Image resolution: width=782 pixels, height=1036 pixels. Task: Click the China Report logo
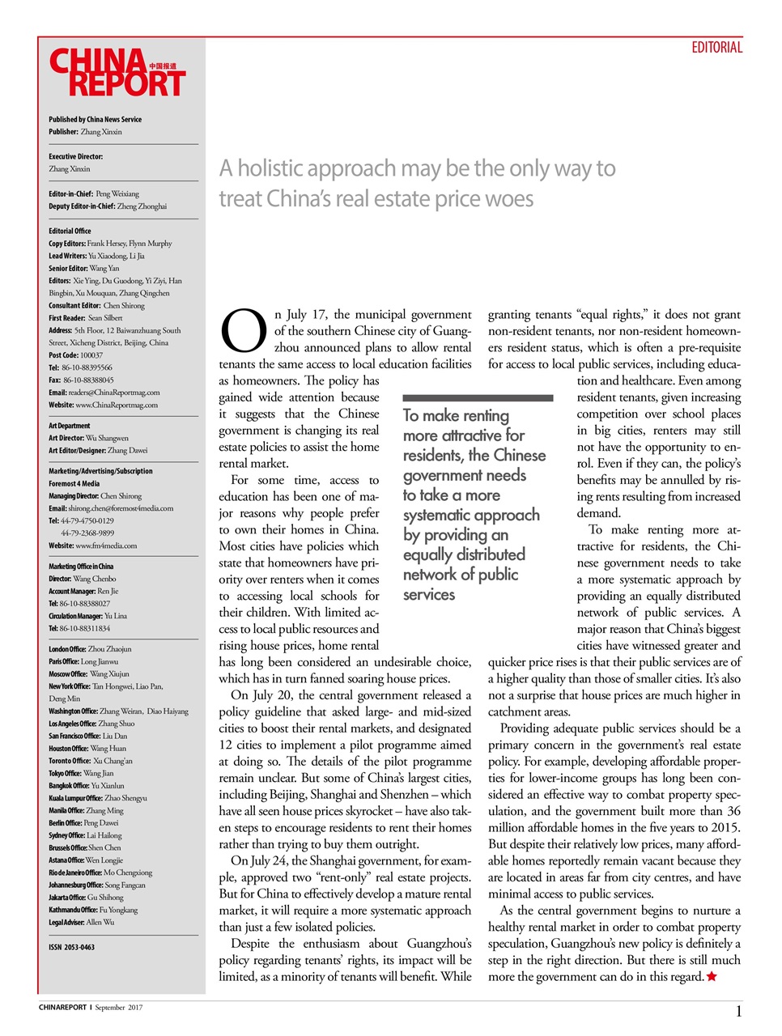tap(117, 73)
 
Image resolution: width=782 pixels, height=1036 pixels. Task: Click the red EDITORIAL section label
tap(716, 48)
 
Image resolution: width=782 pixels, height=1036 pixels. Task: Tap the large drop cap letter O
tap(244, 331)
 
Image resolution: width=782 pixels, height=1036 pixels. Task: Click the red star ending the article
tap(712, 977)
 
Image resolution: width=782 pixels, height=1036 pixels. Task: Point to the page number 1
tap(738, 1011)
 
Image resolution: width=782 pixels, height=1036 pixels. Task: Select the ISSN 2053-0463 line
tap(71, 947)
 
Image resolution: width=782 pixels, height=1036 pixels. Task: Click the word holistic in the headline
tap(278, 168)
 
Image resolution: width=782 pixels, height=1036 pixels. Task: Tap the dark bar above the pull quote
tap(478, 398)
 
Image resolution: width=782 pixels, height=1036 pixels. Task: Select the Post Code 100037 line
tap(75, 355)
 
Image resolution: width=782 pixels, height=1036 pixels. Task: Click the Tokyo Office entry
tap(81, 773)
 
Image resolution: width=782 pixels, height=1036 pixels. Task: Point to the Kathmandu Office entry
tap(93, 910)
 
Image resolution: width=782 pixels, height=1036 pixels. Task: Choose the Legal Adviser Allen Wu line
tap(81, 922)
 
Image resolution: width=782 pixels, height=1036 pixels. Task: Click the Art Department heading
tap(70, 426)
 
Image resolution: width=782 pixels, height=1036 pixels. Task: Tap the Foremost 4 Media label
tap(74, 483)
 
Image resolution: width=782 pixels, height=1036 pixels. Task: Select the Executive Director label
tap(75, 157)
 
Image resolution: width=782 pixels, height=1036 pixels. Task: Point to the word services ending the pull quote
tap(429, 595)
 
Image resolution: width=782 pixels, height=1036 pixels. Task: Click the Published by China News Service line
tap(95, 119)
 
